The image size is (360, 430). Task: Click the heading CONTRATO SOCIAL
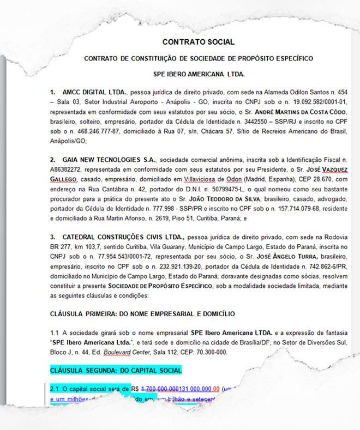(x=199, y=42)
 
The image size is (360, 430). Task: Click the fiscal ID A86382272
(x=68, y=169)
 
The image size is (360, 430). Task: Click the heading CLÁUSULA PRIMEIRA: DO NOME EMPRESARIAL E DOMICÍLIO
(x=142, y=314)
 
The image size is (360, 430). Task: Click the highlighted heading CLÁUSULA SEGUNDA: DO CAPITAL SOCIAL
(x=116, y=371)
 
